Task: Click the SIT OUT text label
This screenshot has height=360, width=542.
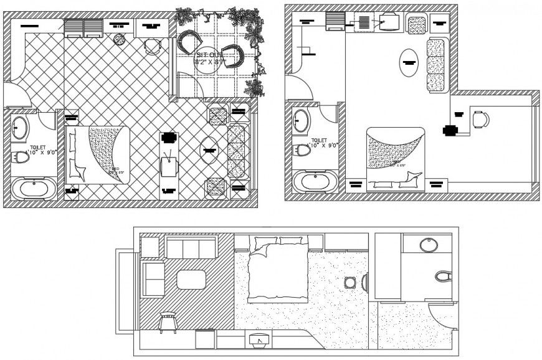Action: (x=210, y=56)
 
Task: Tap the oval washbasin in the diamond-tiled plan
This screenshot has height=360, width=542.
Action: (x=21, y=128)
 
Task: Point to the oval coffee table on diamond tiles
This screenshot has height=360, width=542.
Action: (x=210, y=149)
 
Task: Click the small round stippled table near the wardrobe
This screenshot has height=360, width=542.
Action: (x=119, y=39)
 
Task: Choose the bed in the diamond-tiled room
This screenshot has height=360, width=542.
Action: (x=98, y=154)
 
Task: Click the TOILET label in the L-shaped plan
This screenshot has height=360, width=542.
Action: (x=320, y=141)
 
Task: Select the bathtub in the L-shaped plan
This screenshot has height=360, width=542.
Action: (x=316, y=182)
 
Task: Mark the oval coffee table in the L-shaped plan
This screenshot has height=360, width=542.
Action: (x=409, y=62)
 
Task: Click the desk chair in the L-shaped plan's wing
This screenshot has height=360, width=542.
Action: (x=480, y=119)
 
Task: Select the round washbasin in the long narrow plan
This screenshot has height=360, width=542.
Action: (x=430, y=244)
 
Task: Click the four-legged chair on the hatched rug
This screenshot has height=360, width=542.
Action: (x=168, y=321)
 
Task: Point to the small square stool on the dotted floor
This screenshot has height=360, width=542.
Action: (x=349, y=282)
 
